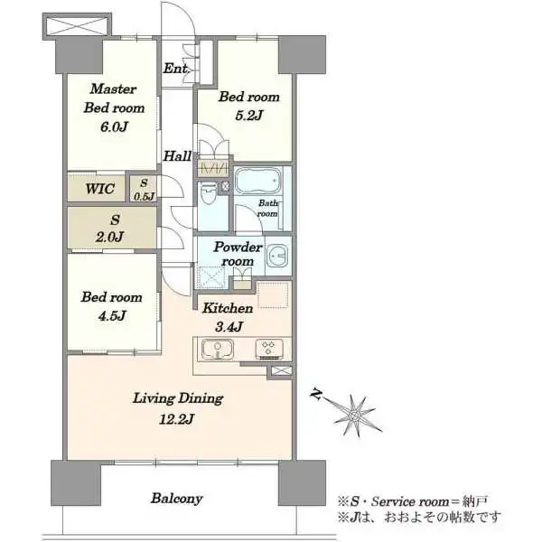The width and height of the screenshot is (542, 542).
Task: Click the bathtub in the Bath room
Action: point(258,181)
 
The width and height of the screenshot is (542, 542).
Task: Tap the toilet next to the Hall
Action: point(209,194)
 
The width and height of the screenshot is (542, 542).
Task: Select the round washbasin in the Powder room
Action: point(278,256)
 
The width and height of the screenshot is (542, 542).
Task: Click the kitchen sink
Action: point(218,349)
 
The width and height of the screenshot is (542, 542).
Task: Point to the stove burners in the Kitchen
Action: point(269,349)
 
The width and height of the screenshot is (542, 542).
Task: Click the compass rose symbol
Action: point(354,415)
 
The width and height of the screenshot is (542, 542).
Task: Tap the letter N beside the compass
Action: point(315,394)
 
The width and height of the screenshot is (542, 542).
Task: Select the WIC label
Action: point(100,189)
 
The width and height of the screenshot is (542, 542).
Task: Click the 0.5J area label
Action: point(144,197)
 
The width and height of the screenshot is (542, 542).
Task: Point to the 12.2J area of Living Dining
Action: point(176,419)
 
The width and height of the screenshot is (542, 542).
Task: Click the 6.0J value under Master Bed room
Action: point(114,126)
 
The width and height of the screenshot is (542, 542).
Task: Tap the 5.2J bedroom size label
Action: point(249,115)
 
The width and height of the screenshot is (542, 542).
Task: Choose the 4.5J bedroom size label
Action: point(112,315)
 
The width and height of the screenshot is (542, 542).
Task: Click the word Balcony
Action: point(177,499)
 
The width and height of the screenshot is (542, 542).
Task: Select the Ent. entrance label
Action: point(175,68)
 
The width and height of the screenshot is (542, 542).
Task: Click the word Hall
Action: point(177,156)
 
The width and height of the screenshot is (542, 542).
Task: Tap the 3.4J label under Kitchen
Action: point(229,327)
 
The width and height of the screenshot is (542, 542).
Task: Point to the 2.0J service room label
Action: point(109,237)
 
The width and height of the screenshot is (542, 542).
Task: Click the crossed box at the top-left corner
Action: point(77,26)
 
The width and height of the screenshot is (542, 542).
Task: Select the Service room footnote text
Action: point(413,501)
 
